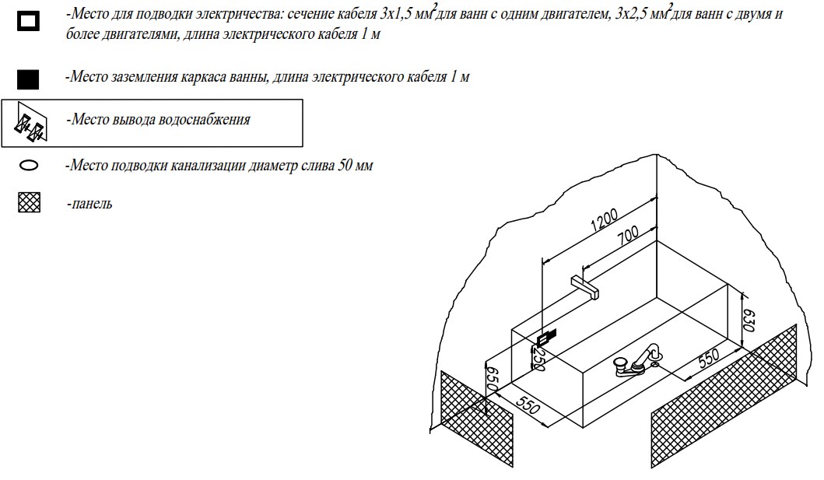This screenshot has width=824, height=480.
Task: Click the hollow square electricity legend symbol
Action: click(x=28, y=21)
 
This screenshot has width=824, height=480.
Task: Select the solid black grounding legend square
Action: click(x=28, y=79)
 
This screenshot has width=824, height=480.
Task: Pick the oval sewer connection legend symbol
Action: click(x=29, y=166)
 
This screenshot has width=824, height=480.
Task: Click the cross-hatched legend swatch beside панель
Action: click(x=29, y=203)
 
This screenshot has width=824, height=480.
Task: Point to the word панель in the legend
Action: click(x=92, y=204)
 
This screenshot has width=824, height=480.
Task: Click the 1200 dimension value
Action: click(x=605, y=220)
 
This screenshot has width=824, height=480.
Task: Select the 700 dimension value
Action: click(x=627, y=235)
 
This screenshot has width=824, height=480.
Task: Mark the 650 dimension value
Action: click(x=491, y=378)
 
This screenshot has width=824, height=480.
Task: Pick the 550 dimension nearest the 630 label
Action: click(x=708, y=359)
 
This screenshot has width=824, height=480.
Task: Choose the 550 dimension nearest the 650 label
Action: click(x=527, y=404)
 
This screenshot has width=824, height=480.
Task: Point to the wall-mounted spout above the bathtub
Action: click(x=585, y=287)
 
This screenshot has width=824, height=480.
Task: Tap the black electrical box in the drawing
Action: click(x=546, y=336)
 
